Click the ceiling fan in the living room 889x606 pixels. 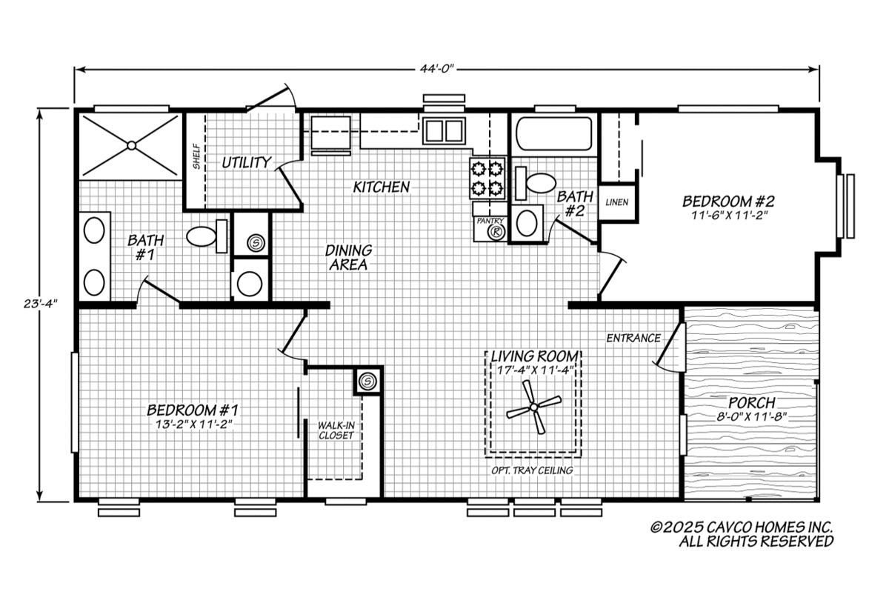pos(534,407)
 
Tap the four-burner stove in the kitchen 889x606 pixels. pos(487,179)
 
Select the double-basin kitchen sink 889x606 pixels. pos(444,130)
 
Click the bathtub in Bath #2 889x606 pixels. pos(553,133)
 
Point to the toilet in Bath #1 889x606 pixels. pos(207,236)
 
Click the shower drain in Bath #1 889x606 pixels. pos(131,146)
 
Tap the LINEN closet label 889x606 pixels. pos(616,202)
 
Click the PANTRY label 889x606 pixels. pos(490,221)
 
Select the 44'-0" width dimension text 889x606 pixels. pos(436,69)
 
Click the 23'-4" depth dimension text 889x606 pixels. pos(41,304)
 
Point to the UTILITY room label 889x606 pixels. pos(246,163)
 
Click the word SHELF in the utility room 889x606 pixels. pos(196,156)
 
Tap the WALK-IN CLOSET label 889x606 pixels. pos(336,430)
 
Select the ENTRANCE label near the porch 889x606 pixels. pos(633,338)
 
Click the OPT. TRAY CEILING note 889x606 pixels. pos(532,470)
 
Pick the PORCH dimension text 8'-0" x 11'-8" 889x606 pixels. pos(752,417)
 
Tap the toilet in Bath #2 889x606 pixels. pos(536,184)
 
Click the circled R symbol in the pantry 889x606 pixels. pos(496,232)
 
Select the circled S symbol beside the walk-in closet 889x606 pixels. pos(367,382)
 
